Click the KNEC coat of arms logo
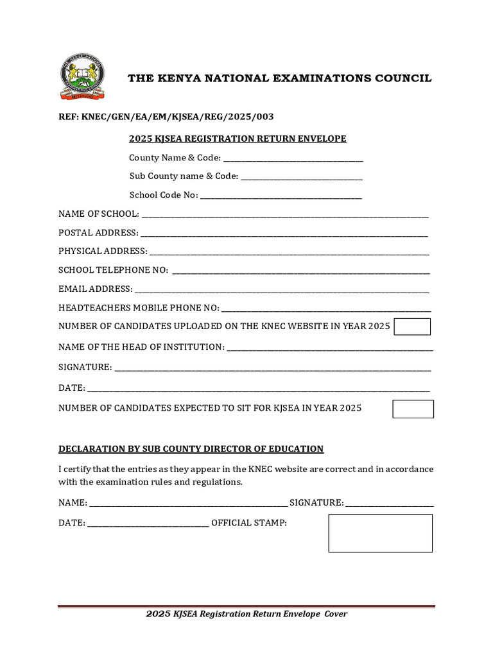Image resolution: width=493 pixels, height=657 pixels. click(82, 77)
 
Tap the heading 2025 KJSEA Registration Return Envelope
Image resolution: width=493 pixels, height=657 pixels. click(238, 139)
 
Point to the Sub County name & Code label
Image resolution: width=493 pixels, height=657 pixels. click(184, 176)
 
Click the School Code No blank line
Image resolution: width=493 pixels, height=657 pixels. click(281, 196)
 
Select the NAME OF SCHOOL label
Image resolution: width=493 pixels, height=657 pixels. click(98, 214)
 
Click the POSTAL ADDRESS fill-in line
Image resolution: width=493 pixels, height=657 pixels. click(284, 233)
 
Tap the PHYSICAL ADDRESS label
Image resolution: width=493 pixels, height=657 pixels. click(103, 252)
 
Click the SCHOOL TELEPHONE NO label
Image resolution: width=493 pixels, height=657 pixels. click(114, 270)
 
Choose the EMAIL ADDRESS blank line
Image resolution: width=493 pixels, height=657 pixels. click(281, 289)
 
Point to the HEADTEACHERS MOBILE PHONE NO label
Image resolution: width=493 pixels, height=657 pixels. click(139, 308)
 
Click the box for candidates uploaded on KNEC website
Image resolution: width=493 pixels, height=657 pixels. click(412, 327)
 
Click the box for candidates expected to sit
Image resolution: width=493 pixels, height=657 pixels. click(413, 409)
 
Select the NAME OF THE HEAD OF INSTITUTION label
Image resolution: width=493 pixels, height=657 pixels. click(141, 347)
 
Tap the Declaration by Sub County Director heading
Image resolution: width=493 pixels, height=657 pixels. click(191, 448)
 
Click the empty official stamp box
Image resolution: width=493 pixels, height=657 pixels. click(380, 533)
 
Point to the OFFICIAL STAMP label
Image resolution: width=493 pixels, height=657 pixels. click(249, 523)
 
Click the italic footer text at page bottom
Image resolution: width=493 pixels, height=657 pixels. click(246, 614)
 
